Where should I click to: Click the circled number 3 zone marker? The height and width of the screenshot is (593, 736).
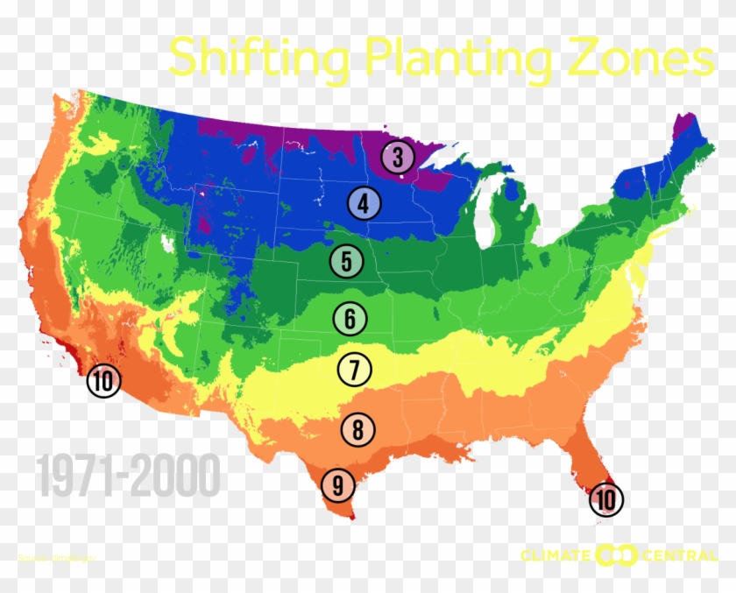[398, 159]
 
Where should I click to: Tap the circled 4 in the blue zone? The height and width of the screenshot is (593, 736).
[363, 204]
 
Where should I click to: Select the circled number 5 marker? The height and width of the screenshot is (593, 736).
[346, 261]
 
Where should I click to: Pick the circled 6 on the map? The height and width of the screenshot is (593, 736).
[350, 319]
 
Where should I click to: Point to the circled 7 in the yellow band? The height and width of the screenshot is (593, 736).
[354, 370]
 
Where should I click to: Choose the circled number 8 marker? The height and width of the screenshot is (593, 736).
[358, 430]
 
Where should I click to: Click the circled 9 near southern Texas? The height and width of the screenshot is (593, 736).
[337, 484]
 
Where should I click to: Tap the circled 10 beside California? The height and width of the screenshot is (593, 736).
[103, 382]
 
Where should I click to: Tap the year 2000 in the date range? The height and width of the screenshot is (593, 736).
[173, 478]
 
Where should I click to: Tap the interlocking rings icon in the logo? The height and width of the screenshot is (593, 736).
[616, 555]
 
